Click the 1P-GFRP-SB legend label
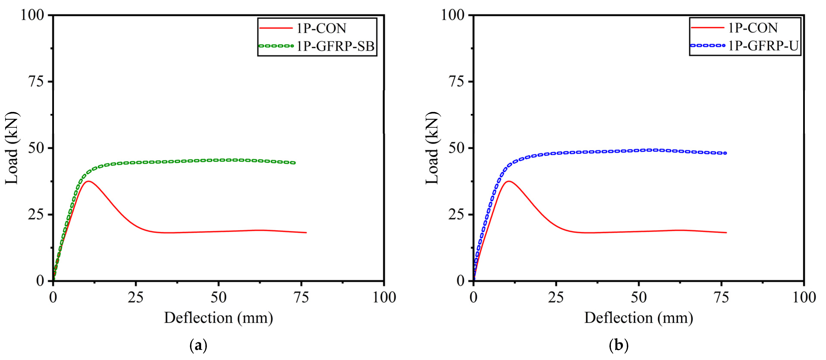pos(335,46)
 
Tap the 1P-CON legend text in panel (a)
pos(321,28)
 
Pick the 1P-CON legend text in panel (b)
pos(753,28)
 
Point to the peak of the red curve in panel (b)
pos(509,181)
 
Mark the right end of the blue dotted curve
pos(725,153)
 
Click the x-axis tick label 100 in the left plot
pos(384,297)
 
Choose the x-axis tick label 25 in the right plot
pos(556,297)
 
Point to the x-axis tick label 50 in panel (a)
pos(218,297)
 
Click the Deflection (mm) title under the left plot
pos(218,318)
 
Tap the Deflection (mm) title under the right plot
pos(639,318)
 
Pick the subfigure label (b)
pos(619,346)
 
